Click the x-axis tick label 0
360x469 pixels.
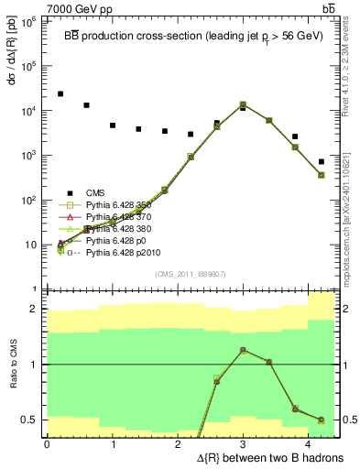(47, 444)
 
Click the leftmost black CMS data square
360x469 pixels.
(60, 94)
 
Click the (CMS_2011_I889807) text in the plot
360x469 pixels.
(190, 273)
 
